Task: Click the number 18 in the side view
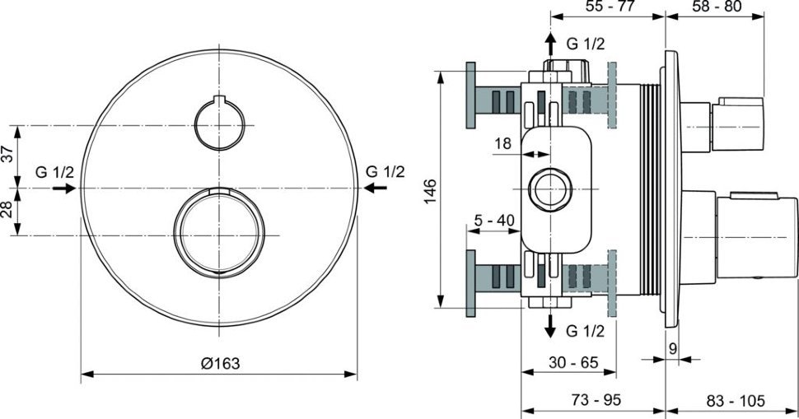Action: (502, 144)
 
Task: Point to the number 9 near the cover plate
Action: (674, 349)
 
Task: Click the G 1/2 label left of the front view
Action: (55, 172)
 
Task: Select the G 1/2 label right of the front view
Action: (385, 172)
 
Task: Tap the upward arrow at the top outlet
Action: (549, 43)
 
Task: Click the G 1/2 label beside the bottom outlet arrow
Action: (586, 331)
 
